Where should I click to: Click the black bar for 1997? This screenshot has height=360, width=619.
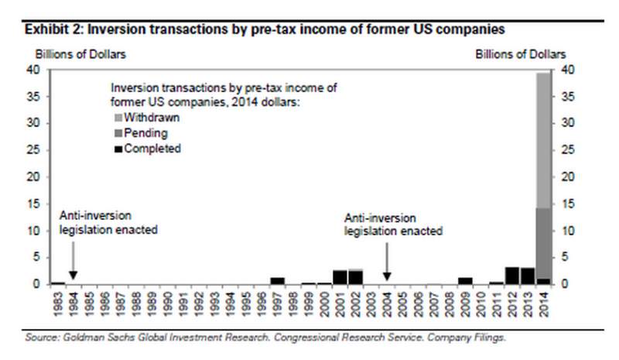pos(278,280)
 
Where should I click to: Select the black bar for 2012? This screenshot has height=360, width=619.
pos(512,276)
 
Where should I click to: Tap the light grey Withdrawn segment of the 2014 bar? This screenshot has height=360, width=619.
pos(544,139)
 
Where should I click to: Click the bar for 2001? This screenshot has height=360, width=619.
pos(340,277)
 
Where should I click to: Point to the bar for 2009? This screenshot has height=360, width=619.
pos(465,280)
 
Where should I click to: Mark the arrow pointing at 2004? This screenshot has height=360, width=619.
pos(388,260)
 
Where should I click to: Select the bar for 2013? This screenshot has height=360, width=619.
pos(528,276)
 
